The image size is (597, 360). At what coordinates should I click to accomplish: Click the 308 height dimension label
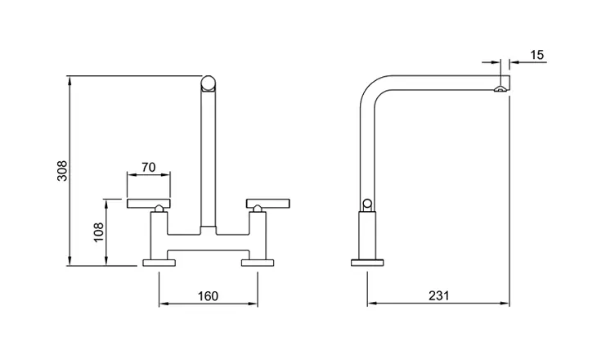point(62,171)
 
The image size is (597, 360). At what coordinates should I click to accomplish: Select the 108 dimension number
point(98,232)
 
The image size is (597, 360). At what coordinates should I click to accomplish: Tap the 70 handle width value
point(149,167)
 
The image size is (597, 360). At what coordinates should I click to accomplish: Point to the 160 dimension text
point(208,296)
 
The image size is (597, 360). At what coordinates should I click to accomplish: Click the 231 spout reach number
point(439,295)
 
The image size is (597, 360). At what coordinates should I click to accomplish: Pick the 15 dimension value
point(536,55)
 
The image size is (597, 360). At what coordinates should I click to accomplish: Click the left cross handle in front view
point(149,204)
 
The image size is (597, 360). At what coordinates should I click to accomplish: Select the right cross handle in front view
point(268,204)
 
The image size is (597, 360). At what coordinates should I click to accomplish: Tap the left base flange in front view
point(159,263)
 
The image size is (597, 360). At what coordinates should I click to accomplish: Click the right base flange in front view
point(258,263)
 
